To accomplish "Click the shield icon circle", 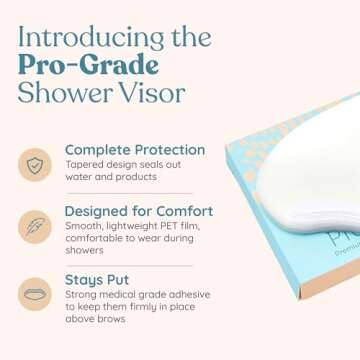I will tap(34, 164).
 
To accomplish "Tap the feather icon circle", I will tap(34, 226).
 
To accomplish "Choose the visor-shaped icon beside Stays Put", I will tap(34, 294).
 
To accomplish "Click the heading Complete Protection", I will tap(134, 150).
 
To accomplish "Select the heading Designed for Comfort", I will tap(138, 211).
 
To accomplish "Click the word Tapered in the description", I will tap(83, 165).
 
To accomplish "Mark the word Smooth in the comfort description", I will tap(81, 226).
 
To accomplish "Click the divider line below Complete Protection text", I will tap(129, 193).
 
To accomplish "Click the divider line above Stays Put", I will tap(129, 265).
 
